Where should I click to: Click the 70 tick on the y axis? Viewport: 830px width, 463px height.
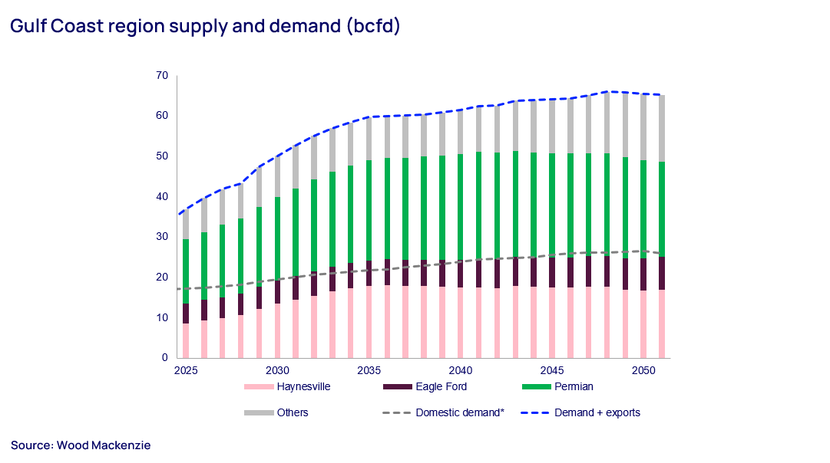[x=161, y=75]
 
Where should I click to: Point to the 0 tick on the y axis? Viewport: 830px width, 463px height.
[x=164, y=357]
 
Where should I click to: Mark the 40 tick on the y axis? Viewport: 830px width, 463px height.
[x=161, y=196]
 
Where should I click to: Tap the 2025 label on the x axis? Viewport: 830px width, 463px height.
[x=185, y=369]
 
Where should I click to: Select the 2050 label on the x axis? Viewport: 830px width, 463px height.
[x=643, y=369]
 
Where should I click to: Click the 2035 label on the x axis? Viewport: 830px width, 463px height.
[x=369, y=369]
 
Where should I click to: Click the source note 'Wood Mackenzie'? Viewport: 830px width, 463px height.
[x=81, y=445]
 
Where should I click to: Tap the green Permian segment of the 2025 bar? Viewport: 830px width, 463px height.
[x=186, y=271]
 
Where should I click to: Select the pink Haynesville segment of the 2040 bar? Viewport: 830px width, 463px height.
[x=460, y=322]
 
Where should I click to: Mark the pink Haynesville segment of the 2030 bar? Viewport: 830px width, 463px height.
[x=277, y=330]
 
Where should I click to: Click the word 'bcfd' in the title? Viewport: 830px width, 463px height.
[x=372, y=26]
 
